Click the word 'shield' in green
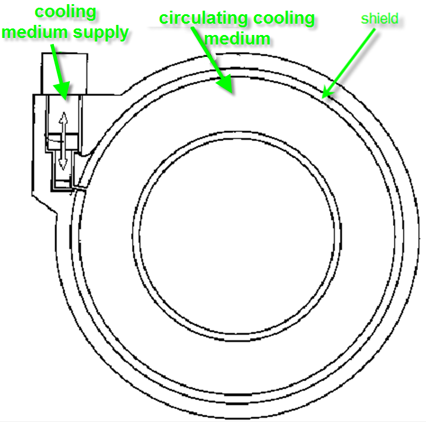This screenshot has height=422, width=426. pyautogui.click(x=379, y=18)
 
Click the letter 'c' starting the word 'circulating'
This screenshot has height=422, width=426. pyautogui.click(x=164, y=19)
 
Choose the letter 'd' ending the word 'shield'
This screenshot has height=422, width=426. pyautogui.click(x=395, y=18)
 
